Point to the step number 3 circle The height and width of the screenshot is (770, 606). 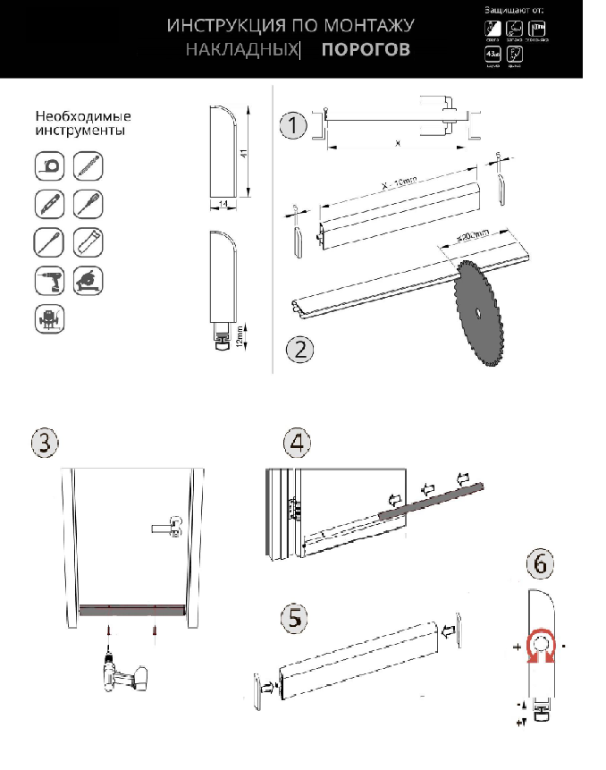point(43,444)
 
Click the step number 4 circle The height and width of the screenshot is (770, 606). point(297,444)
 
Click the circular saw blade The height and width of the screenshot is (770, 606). point(480,313)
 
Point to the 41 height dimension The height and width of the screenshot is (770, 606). point(243,152)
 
